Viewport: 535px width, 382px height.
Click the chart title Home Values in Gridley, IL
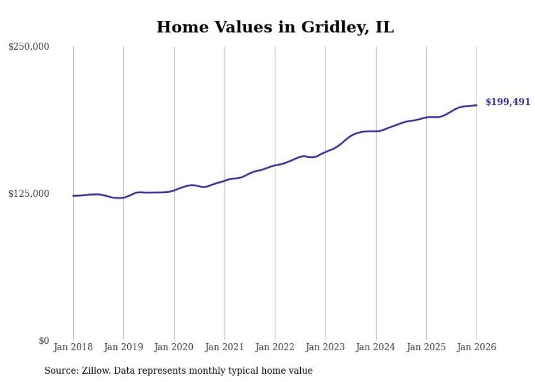[x=275, y=27]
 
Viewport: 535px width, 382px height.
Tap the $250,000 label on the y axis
[x=29, y=47]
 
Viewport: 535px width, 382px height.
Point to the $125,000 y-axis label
[x=29, y=194]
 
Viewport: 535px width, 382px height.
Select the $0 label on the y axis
[x=44, y=340]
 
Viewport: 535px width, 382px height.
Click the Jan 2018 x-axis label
[x=73, y=347]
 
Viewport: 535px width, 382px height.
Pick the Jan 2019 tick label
[x=123, y=347]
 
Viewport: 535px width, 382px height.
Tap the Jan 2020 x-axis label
[x=174, y=347]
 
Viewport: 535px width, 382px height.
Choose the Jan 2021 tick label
[x=224, y=347]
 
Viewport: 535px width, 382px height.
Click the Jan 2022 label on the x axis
[x=275, y=347]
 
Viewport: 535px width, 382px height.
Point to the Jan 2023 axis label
[x=325, y=347]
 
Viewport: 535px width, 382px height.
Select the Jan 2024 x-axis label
[x=376, y=347]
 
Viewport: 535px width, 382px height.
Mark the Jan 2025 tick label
[x=426, y=347]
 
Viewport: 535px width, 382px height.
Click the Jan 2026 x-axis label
[x=476, y=347]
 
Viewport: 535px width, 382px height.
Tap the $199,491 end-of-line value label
[x=508, y=102]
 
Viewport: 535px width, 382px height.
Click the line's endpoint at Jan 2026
[x=477, y=105]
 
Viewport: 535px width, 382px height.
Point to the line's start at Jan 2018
[x=73, y=196]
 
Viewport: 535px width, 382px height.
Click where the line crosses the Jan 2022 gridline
[x=275, y=165]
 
